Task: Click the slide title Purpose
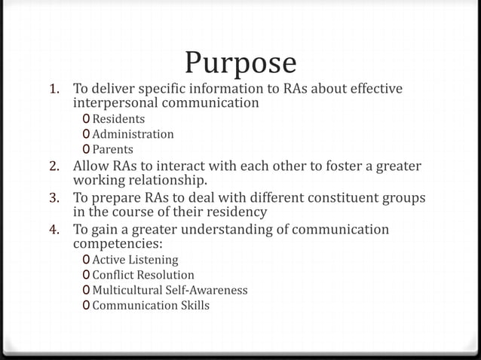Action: [240, 63]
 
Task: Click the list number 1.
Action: [54, 90]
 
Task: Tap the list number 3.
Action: [54, 198]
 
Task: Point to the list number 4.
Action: [54, 230]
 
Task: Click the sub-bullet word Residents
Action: [118, 119]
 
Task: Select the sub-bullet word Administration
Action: [133, 134]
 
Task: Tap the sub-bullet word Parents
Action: [112, 149]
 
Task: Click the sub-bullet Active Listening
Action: [135, 260]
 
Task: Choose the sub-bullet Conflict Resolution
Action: [142, 275]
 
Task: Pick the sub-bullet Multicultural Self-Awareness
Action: [170, 290]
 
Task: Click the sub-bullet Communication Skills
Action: [151, 305]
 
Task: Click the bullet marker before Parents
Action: [87, 149]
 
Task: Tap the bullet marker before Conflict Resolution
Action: [87, 275]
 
